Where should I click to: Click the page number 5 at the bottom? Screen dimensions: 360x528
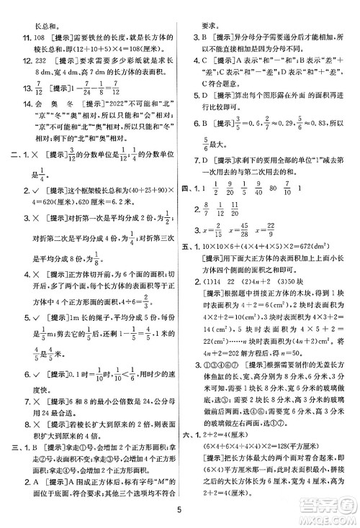point(179,512)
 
